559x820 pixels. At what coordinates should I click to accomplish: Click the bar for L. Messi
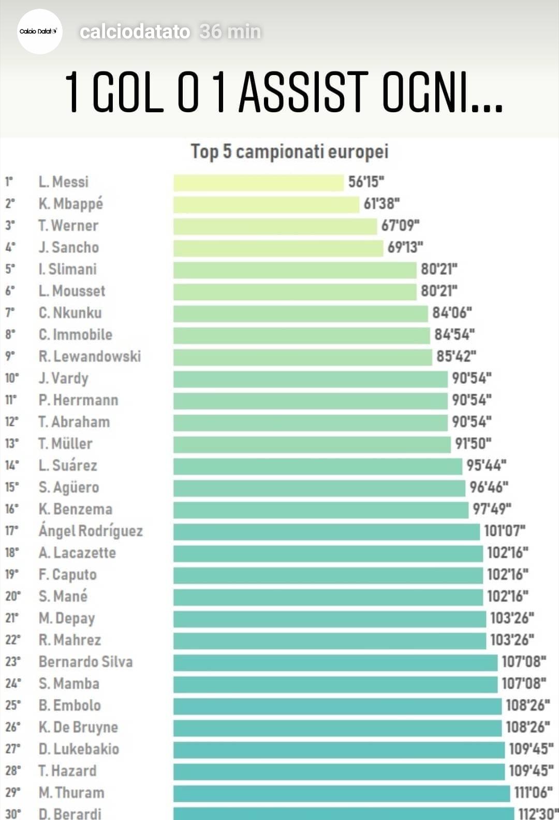pyautogui.click(x=258, y=183)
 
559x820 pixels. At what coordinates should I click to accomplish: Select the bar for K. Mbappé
pyautogui.click(x=266, y=204)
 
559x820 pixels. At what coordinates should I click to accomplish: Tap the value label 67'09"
pyautogui.click(x=400, y=226)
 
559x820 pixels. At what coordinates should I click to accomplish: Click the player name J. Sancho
pyautogui.click(x=69, y=247)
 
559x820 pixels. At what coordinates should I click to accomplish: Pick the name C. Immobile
pyautogui.click(x=76, y=335)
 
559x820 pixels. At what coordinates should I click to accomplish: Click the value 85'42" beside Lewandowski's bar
pyautogui.click(x=456, y=356)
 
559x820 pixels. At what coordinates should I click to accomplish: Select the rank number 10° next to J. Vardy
pyautogui.click(x=12, y=378)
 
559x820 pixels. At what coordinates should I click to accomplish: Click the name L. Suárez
pyautogui.click(x=68, y=466)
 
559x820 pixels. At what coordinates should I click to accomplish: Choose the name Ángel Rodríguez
pyautogui.click(x=91, y=531)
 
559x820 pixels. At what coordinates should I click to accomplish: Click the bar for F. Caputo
pyautogui.click(x=328, y=575)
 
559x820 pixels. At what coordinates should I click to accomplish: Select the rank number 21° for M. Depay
pyautogui.click(x=12, y=618)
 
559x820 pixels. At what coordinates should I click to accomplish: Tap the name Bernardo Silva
pyautogui.click(x=86, y=662)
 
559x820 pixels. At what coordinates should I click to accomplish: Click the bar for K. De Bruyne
pyautogui.click(x=337, y=728)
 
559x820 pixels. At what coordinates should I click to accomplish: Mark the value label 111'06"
pyautogui.click(x=533, y=793)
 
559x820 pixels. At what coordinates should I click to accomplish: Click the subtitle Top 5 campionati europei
pyautogui.click(x=289, y=152)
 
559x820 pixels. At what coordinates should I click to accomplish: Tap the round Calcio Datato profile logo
pyautogui.click(x=40, y=32)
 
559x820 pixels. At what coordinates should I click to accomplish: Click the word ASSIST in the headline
pyautogui.click(x=303, y=92)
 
